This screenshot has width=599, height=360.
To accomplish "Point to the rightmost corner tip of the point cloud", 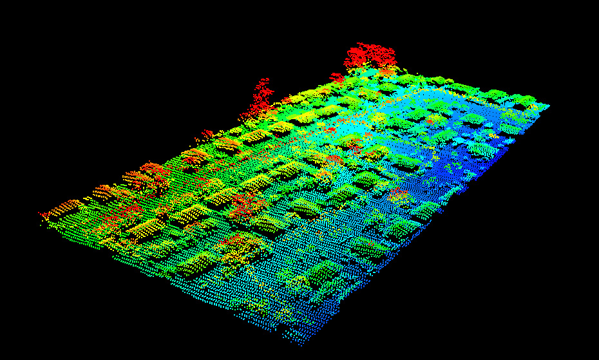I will point(549,105).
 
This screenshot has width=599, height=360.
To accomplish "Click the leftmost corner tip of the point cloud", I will point(41,214).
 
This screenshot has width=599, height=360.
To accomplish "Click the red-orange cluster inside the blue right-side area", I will point(397,191).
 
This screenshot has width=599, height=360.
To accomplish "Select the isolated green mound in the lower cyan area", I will point(320,273).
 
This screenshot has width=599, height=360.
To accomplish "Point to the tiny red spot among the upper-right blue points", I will point(430,120).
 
